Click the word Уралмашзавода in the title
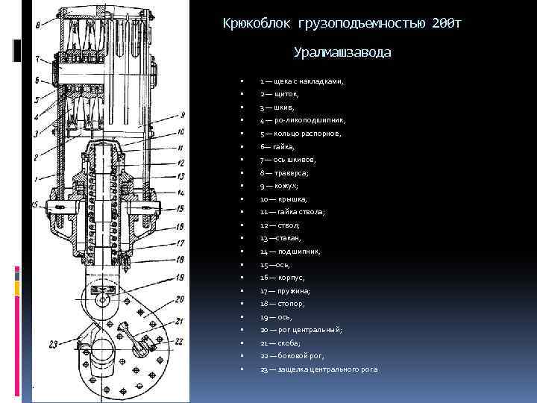click(342, 53)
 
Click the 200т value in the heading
click(446, 24)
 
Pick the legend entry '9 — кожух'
click(279, 186)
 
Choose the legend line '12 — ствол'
click(280, 225)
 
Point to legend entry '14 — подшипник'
click(290, 252)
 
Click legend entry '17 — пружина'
click(285, 291)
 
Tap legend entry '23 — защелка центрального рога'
click(318, 369)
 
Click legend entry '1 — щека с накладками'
click(301, 81)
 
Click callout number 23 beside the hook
click(53, 344)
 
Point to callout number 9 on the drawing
click(182, 115)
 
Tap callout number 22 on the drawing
click(179, 340)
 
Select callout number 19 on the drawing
click(180, 277)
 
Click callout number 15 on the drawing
click(180, 209)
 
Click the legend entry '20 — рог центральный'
click(301, 330)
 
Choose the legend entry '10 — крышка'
click(280, 199)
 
